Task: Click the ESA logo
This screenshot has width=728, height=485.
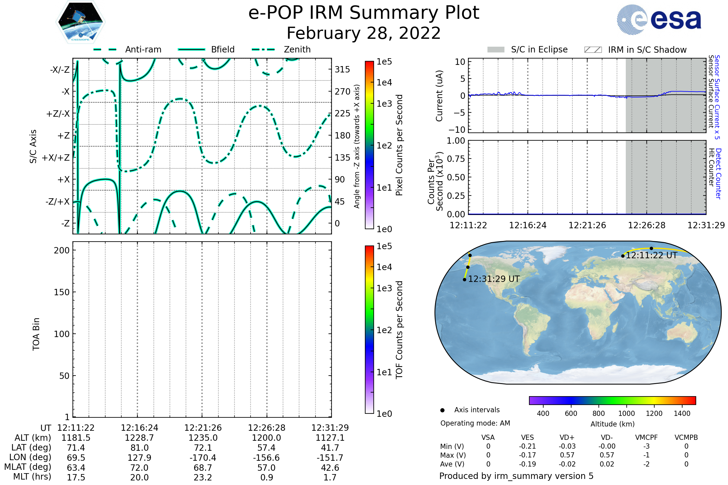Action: tap(659, 19)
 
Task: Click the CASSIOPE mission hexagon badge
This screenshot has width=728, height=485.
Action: tap(80, 22)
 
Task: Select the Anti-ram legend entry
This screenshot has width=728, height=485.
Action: tap(127, 49)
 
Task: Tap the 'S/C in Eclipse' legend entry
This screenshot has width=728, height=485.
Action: tap(527, 49)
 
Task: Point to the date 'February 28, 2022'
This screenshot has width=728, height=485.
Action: tap(364, 33)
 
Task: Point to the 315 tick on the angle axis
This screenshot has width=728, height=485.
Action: tap(342, 69)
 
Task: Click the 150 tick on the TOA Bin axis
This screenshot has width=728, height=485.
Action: tap(62, 292)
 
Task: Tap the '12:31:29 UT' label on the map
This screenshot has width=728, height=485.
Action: tap(494, 279)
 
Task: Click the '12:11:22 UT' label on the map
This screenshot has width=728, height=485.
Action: tap(652, 256)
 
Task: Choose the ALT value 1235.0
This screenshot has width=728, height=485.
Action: tap(203, 438)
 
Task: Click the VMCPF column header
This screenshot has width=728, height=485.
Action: tap(646, 438)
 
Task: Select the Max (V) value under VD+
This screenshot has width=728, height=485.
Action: tap(567, 455)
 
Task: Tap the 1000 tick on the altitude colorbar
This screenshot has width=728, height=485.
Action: tap(626, 413)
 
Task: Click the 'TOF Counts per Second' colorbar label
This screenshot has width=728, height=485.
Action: tap(399, 330)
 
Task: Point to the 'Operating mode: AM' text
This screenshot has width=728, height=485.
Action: tap(475, 423)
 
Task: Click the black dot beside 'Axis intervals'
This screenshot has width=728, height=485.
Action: tap(443, 410)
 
